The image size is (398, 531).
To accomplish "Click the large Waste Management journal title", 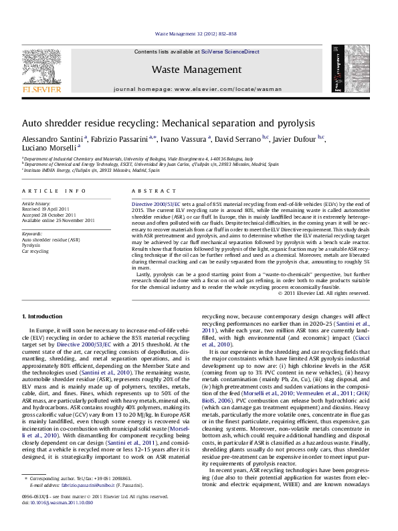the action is pos(196,70).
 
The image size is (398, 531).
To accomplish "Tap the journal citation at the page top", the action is pos(196,32).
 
